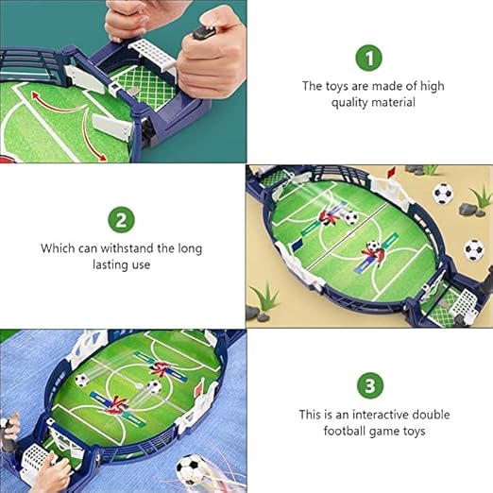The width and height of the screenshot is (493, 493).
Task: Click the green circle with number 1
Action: click(x=368, y=58)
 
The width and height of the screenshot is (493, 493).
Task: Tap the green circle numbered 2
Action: click(x=121, y=220)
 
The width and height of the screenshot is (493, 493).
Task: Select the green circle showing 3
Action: click(x=370, y=385)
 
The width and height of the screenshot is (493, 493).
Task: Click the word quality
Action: click(x=349, y=103)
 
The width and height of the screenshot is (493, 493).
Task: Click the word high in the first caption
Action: click(x=432, y=87)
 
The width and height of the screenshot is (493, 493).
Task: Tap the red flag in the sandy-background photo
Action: click(x=391, y=172)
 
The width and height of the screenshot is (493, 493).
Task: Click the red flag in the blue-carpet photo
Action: click(x=199, y=388)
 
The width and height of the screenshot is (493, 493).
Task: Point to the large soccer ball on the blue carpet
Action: click(x=190, y=469)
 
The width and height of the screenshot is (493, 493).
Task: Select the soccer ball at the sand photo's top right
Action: click(x=444, y=194)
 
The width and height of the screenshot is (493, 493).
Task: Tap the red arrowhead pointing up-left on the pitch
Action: click(x=34, y=95)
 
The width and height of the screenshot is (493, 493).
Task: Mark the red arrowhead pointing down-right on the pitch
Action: click(x=102, y=157)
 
